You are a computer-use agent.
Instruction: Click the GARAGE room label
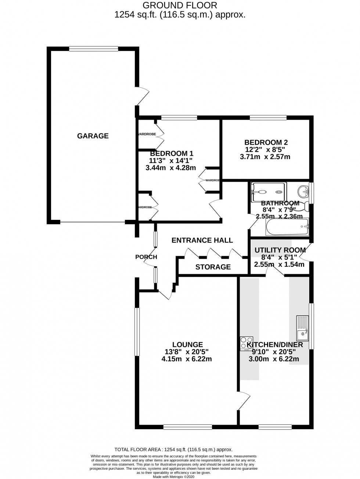tap(93, 136)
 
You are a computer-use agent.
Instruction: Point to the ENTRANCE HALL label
tap(202, 240)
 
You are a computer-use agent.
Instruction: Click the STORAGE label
tap(213, 267)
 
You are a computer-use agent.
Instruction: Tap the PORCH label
tap(146, 257)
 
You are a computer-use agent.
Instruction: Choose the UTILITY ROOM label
tap(280, 250)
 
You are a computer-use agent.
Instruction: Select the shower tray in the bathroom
tap(268, 192)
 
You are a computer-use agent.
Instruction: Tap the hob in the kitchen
tap(246, 343)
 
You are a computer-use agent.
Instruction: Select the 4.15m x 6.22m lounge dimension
tap(187, 359)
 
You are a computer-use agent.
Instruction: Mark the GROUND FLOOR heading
tap(180, 5)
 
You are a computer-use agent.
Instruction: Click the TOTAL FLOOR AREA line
tap(174, 449)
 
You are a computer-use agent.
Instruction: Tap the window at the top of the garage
tap(93, 48)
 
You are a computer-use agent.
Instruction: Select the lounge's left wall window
tap(137, 332)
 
